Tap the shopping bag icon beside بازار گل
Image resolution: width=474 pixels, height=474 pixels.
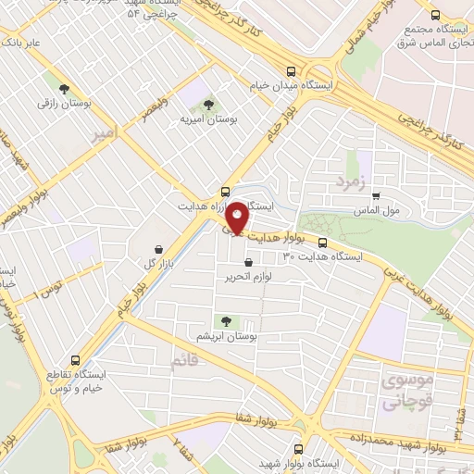161,249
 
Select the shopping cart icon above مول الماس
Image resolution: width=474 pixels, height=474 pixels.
375,195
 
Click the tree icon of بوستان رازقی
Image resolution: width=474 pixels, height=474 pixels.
64,90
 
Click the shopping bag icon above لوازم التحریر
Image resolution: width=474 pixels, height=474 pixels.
248,262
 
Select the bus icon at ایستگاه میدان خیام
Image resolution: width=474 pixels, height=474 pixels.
292,70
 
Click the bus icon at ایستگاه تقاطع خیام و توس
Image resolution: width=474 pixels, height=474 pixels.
75,361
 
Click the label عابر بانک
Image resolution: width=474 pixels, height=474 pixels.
21,42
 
